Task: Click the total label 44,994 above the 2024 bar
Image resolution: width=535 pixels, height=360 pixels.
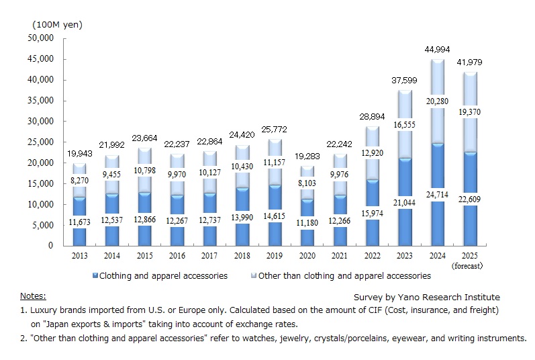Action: coord(438,50)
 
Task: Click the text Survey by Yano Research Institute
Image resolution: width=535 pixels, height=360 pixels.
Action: coord(426,297)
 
